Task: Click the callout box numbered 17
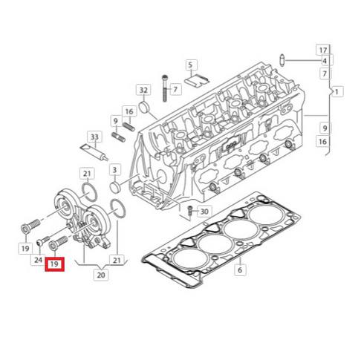324,50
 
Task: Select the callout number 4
324,61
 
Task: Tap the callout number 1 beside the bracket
338,91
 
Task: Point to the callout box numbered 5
190,65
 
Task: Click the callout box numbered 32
143,91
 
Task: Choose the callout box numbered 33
94,137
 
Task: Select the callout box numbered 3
114,171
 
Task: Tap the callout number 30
205,210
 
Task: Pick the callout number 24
37,260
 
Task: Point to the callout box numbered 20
102,275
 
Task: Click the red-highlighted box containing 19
54,264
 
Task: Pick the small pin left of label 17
283,59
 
